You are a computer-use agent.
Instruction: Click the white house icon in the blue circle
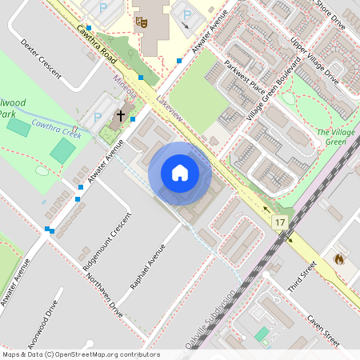pos(180,172)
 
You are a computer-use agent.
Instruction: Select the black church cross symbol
pos(121,115)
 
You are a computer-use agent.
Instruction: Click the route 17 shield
pos(279,222)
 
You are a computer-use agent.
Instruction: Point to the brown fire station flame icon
pos(339,259)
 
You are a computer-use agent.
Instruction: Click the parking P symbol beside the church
pos(98,117)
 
